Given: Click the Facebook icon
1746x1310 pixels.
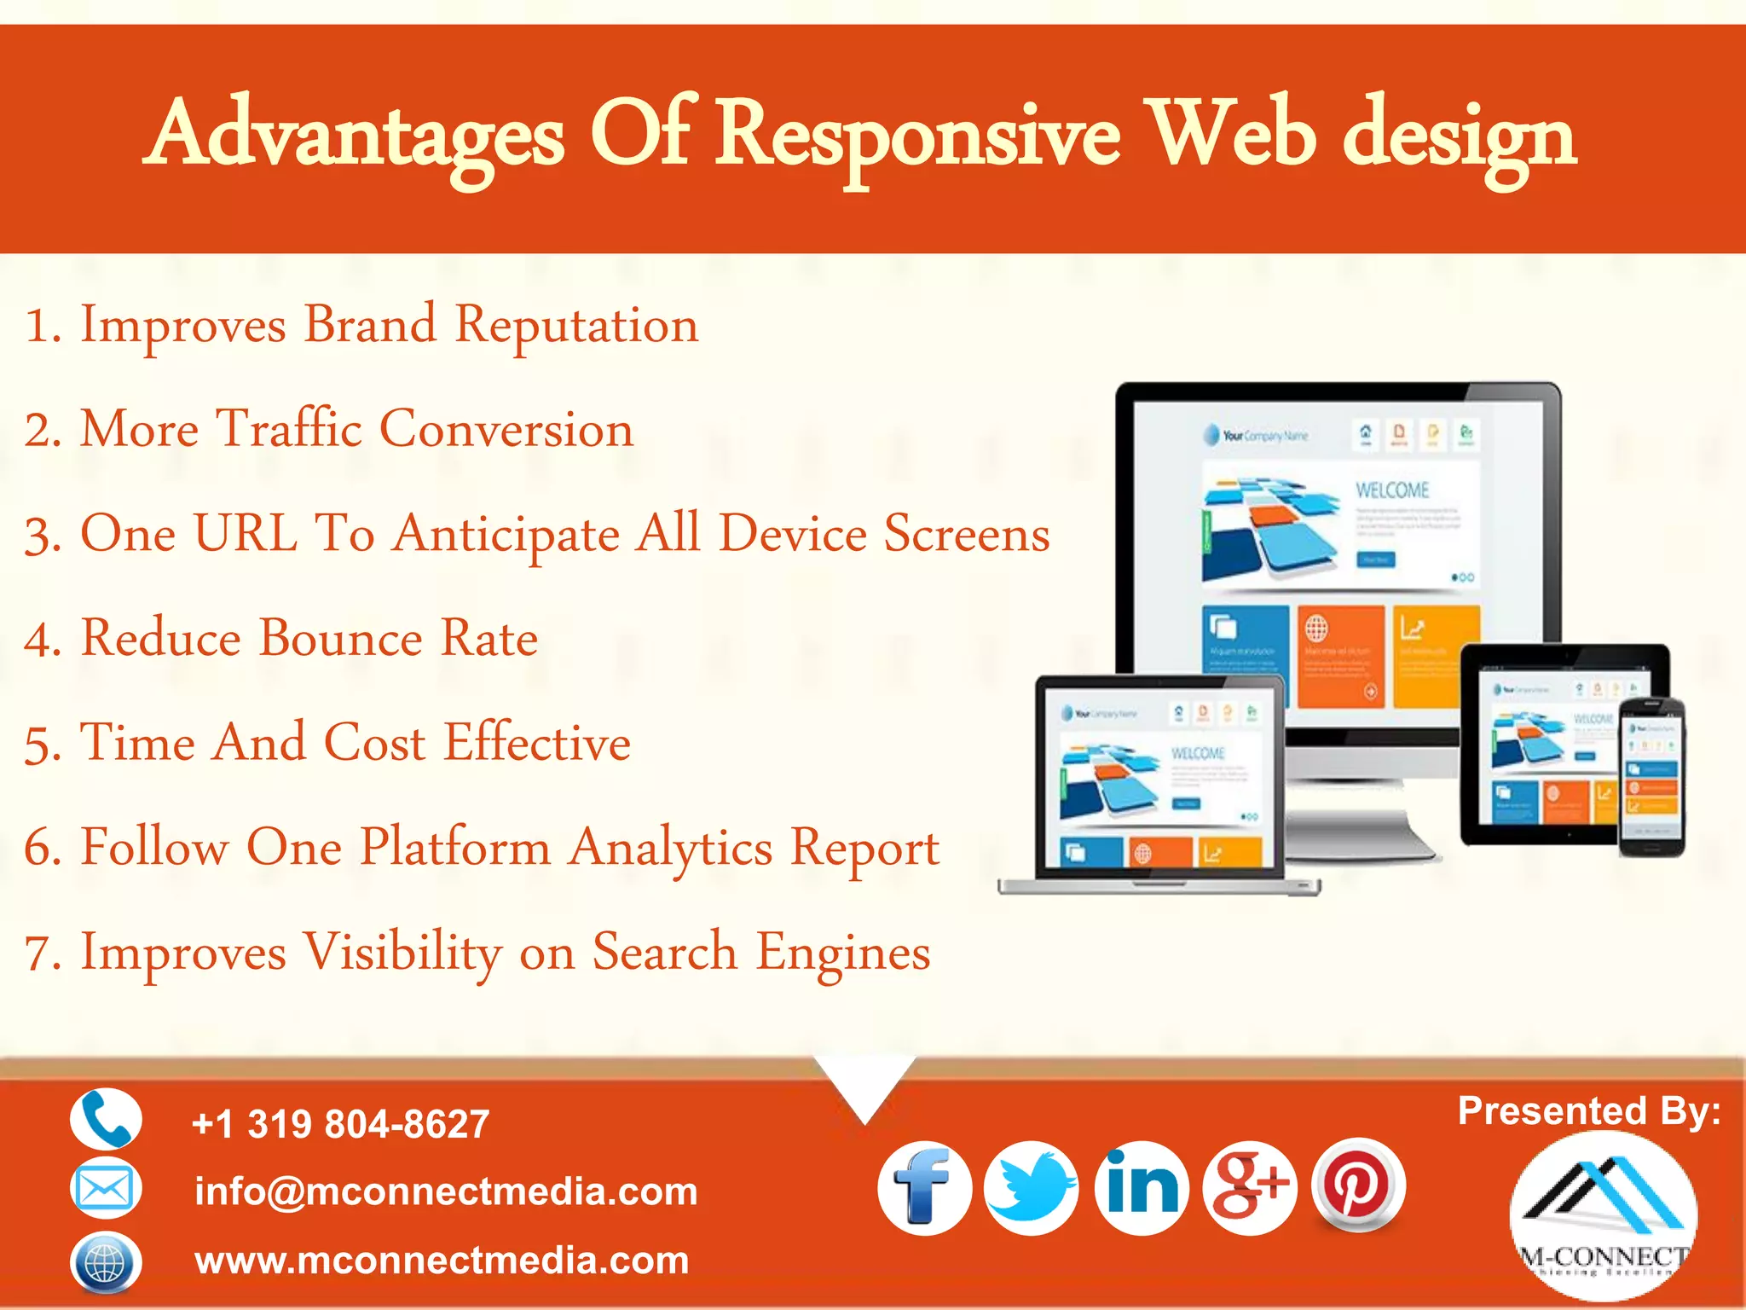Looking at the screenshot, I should click(924, 1188).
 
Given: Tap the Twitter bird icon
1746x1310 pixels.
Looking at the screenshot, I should click(1032, 1188).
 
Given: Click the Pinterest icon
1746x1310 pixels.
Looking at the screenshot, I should click(1358, 1185).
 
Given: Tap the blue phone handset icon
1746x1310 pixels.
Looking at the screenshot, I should click(106, 1119).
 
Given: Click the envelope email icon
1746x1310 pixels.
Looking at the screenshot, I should click(105, 1188).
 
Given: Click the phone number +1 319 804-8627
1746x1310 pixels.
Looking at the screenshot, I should click(341, 1124).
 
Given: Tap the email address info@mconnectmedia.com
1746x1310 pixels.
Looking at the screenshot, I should click(446, 1191).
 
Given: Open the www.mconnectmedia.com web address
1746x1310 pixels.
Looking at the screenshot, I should click(442, 1261).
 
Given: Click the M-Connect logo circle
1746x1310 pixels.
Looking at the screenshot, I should click(1603, 1215).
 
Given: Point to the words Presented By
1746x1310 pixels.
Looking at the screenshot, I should click(1588, 1110).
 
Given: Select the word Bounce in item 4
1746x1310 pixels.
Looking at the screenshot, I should click(341, 638).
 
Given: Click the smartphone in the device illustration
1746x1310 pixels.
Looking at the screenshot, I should click(1652, 776).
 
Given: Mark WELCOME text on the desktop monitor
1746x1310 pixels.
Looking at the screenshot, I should click(1392, 490).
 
